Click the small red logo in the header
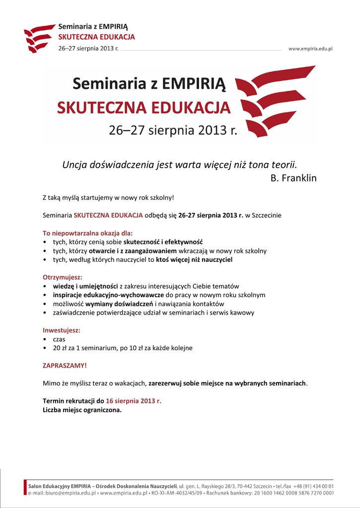(x=38, y=38)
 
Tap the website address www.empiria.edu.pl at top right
(x=310, y=49)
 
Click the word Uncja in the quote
(x=73, y=164)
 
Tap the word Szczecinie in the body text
(x=267, y=215)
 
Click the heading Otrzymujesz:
(x=63, y=277)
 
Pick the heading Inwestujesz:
(x=62, y=330)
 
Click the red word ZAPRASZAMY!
(x=65, y=366)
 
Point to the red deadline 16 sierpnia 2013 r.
(x=134, y=401)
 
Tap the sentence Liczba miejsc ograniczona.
(x=82, y=410)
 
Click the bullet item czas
(x=59, y=339)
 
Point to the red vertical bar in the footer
(x=25, y=488)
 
